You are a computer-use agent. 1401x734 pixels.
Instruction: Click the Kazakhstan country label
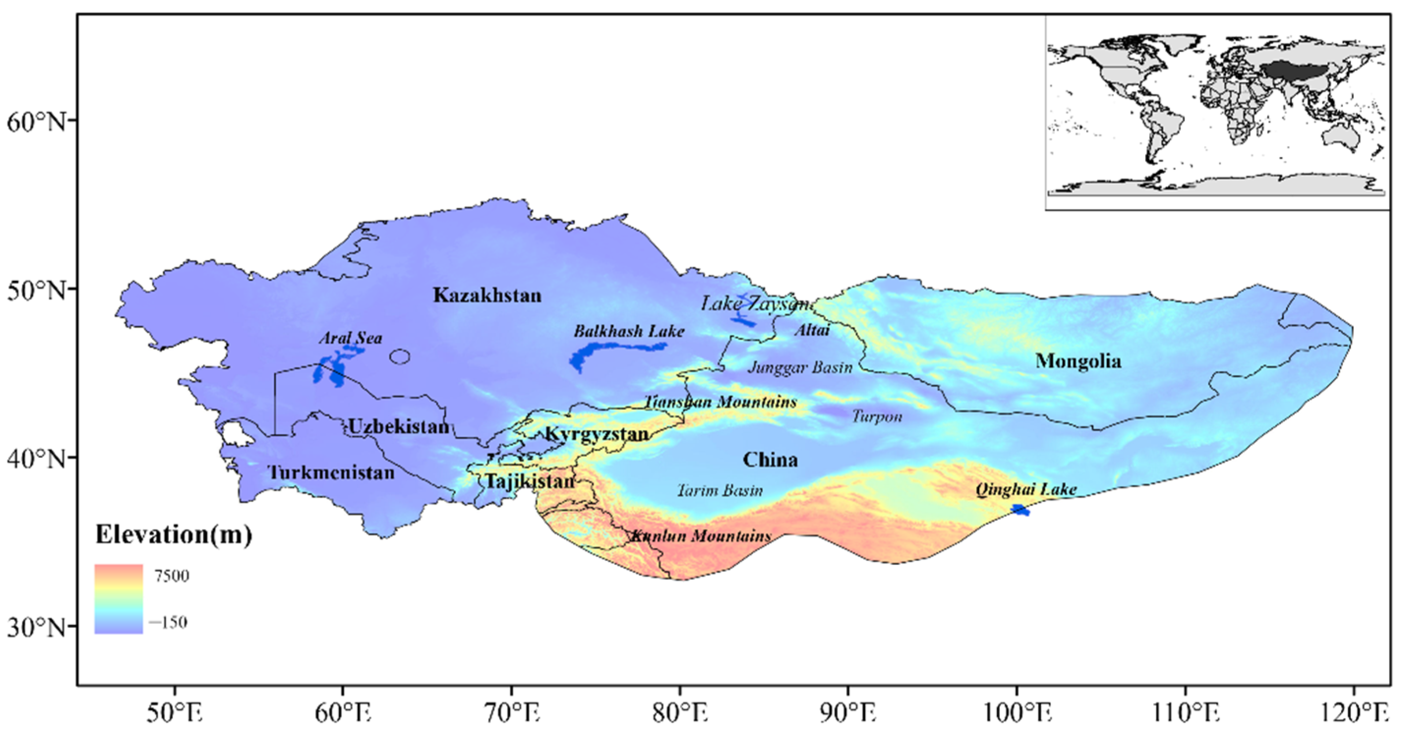click(x=487, y=295)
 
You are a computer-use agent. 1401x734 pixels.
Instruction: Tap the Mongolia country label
click(x=1078, y=361)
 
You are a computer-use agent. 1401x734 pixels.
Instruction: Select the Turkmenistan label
click(x=331, y=473)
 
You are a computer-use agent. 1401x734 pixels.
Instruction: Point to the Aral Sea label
click(x=350, y=338)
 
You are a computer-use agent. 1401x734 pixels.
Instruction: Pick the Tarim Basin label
click(x=720, y=490)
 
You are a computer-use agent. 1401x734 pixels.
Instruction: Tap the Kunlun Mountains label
click(x=700, y=536)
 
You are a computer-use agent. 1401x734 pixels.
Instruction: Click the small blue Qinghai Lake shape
click(x=1020, y=509)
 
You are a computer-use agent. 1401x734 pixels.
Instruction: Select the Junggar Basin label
click(x=800, y=367)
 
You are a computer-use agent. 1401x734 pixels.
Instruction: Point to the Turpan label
click(x=876, y=417)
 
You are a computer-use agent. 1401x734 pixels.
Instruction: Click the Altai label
click(x=812, y=330)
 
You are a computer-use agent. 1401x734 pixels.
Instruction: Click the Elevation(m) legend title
click(x=174, y=535)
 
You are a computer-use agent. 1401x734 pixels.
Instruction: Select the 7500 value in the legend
click(x=172, y=576)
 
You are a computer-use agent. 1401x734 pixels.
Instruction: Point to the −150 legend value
click(x=168, y=622)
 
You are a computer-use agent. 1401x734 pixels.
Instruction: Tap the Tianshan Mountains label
click(x=720, y=402)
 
